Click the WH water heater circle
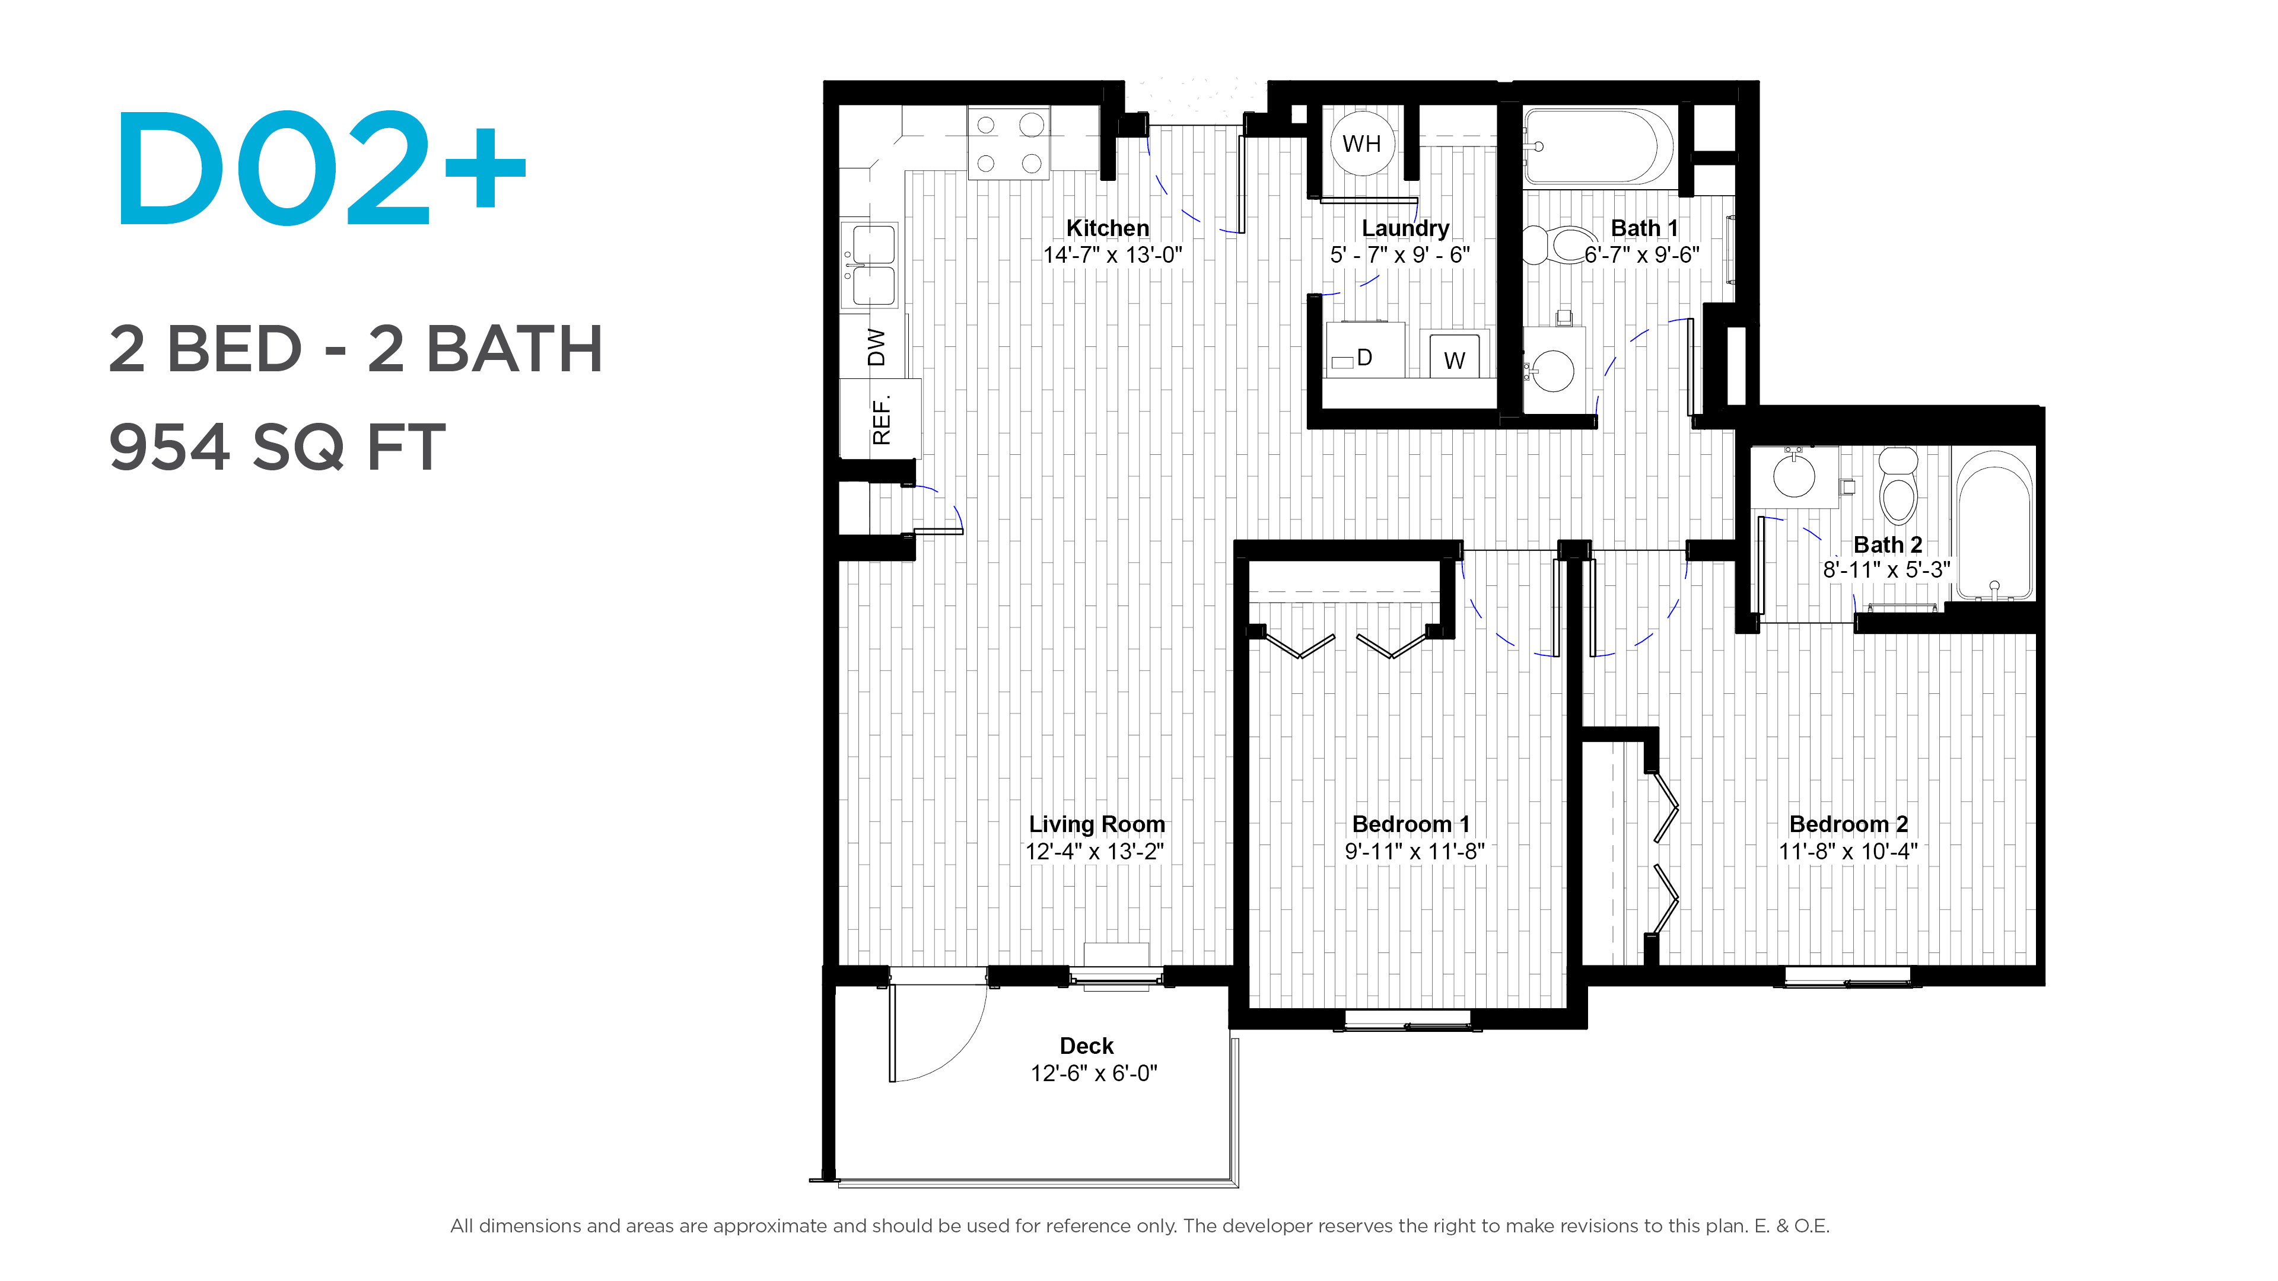tap(1362, 143)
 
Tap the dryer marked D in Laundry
tap(1364, 351)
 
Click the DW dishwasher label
tap(876, 346)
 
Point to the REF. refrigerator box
tap(881, 419)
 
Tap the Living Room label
tap(1096, 824)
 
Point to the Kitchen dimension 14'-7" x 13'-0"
tap(1112, 256)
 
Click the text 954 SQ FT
tap(277, 447)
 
